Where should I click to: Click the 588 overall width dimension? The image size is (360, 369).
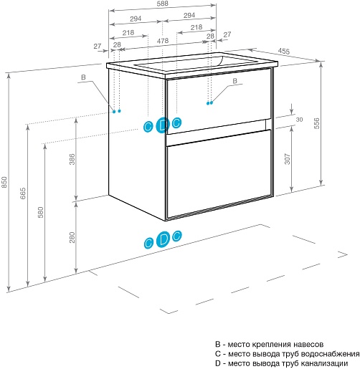tap(163, 4)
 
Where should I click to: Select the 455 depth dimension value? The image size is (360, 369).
tap(284, 51)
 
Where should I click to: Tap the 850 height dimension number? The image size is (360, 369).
tap(4, 182)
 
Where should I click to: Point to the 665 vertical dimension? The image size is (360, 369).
tap(22, 193)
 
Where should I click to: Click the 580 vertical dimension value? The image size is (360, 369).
tap(41, 212)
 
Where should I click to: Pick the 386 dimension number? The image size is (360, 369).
tap(72, 159)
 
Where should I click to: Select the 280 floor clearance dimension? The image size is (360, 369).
tap(72, 237)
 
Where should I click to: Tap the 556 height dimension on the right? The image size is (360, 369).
tap(316, 123)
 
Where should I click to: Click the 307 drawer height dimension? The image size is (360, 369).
tap(288, 159)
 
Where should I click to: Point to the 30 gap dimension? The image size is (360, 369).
tap(299, 120)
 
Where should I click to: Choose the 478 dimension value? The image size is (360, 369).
tap(163, 41)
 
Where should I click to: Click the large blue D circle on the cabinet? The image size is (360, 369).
tap(163, 125)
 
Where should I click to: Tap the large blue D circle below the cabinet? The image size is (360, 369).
tap(163, 239)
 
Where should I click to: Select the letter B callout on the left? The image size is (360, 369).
tap(83, 77)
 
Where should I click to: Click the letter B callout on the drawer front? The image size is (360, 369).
tap(235, 81)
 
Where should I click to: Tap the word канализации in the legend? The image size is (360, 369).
tap(324, 363)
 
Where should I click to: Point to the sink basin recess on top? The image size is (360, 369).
tap(196, 63)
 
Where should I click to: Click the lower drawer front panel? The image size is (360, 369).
tap(219, 173)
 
